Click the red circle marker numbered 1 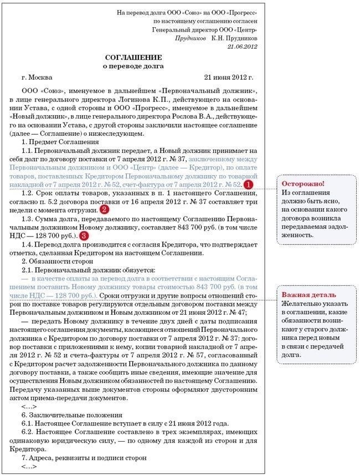point(249,184)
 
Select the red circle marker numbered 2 point(104,210)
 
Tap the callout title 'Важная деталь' point(308,295)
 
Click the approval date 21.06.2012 point(242,48)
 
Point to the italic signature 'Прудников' point(191,39)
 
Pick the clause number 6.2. point(28,432)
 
